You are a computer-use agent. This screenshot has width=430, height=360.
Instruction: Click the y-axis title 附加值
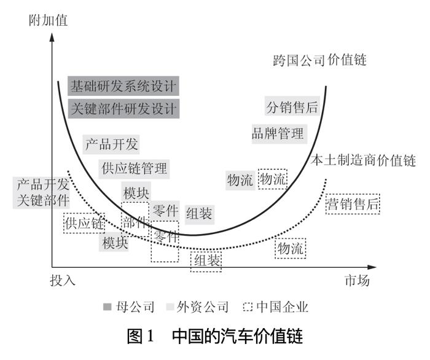pyautogui.click(x=48, y=20)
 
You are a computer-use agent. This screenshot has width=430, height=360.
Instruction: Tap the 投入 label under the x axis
pyautogui.click(x=62, y=280)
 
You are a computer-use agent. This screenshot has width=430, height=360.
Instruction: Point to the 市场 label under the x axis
pyautogui.click(x=357, y=280)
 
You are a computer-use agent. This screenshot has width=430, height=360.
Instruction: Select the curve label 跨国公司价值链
pyautogui.click(x=319, y=60)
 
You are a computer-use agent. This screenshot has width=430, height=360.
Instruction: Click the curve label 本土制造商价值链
pyautogui.click(x=363, y=160)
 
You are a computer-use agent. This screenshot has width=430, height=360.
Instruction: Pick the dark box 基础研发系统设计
pyautogui.click(x=123, y=86)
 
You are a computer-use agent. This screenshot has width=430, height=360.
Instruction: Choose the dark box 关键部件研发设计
pyautogui.click(x=123, y=109)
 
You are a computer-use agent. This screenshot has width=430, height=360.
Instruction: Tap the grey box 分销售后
pyautogui.click(x=292, y=106)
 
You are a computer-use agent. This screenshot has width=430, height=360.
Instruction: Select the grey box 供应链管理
pyautogui.click(x=134, y=168)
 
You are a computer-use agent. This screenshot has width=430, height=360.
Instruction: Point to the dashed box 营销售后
pyautogui.click(x=353, y=204)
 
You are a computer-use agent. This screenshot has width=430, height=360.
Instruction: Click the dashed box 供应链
pyautogui.click(x=84, y=223)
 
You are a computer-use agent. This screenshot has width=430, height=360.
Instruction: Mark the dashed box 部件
pyautogui.click(x=136, y=219)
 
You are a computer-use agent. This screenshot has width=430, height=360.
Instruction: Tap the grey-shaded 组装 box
pyautogui.click(x=200, y=214)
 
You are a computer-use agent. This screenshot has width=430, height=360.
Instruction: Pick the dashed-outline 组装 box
pyautogui.click(x=206, y=261)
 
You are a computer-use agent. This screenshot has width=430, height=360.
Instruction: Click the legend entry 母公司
pyautogui.click(x=129, y=307)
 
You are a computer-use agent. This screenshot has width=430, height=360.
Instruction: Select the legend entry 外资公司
pyautogui.click(x=197, y=307)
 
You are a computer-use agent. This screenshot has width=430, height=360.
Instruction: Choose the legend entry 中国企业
pyautogui.click(x=276, y=307)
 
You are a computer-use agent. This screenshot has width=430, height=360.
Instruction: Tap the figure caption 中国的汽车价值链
pyautogui.click(x=238, y=336)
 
